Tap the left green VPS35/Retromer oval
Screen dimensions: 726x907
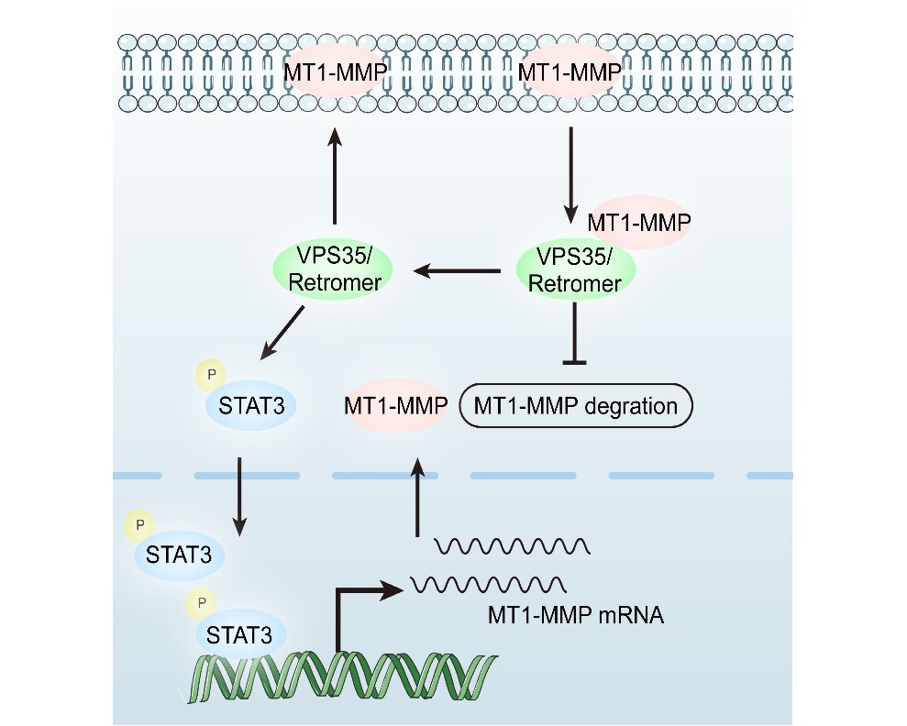(334, 270)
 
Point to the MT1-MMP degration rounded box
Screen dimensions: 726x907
(575, 404)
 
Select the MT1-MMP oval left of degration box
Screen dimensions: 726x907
(395, 404)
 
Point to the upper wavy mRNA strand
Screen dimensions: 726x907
(511, 547)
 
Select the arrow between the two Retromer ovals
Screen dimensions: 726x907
(458, 270)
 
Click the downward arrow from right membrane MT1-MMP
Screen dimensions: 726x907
(571, 170)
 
